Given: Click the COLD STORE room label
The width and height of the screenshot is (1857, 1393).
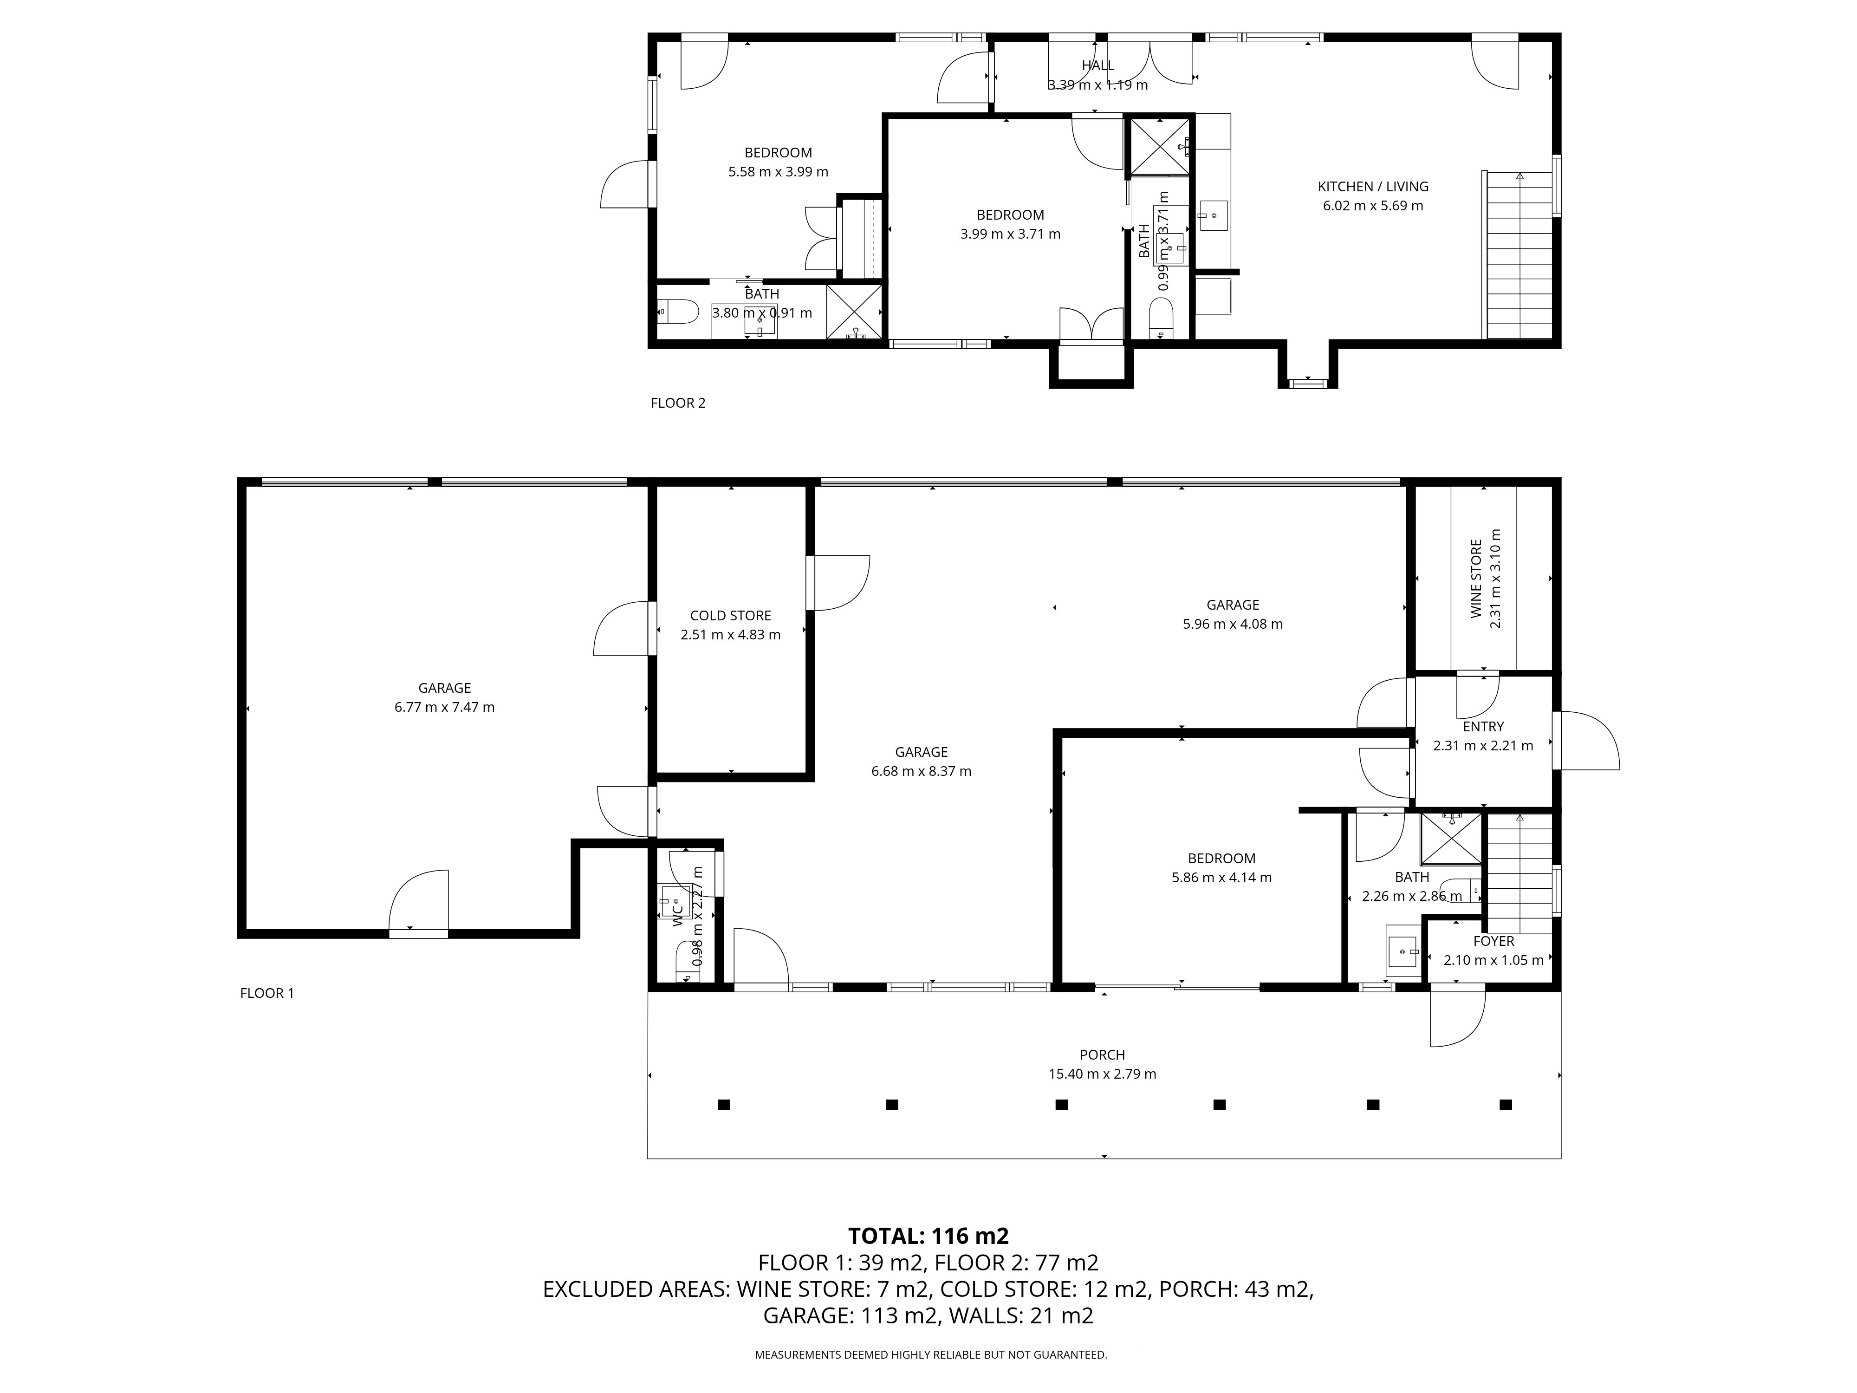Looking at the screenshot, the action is click(730, 615).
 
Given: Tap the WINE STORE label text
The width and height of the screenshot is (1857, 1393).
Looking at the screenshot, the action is click(1476, 579).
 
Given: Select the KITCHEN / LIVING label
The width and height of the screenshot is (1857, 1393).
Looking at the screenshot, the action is click(1373, 186).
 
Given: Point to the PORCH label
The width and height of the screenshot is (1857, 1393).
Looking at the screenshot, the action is click(1102, 1055).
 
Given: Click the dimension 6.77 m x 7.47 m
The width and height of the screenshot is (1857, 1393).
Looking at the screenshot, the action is click(445, 707).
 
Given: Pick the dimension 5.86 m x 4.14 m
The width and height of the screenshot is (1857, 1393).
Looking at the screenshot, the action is click(1221, 878).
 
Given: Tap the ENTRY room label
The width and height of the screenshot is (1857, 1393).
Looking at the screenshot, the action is click(1483, 726).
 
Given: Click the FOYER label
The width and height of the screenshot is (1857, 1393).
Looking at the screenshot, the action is click(1493, 941).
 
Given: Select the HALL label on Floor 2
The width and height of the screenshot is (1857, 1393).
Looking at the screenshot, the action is click(1098, 65).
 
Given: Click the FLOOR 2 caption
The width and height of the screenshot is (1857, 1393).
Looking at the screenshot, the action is click(678, 403).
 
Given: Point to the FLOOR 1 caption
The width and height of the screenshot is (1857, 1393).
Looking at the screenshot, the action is click(267, 993).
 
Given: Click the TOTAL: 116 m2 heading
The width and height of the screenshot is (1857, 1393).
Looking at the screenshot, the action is click(928, 1236).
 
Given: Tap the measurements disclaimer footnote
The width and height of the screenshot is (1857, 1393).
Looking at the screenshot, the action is click(931, 1354).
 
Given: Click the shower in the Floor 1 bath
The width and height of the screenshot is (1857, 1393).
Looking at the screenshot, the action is click(1451, 838).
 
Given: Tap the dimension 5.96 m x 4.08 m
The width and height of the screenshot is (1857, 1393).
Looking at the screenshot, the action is click(1233, 624).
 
